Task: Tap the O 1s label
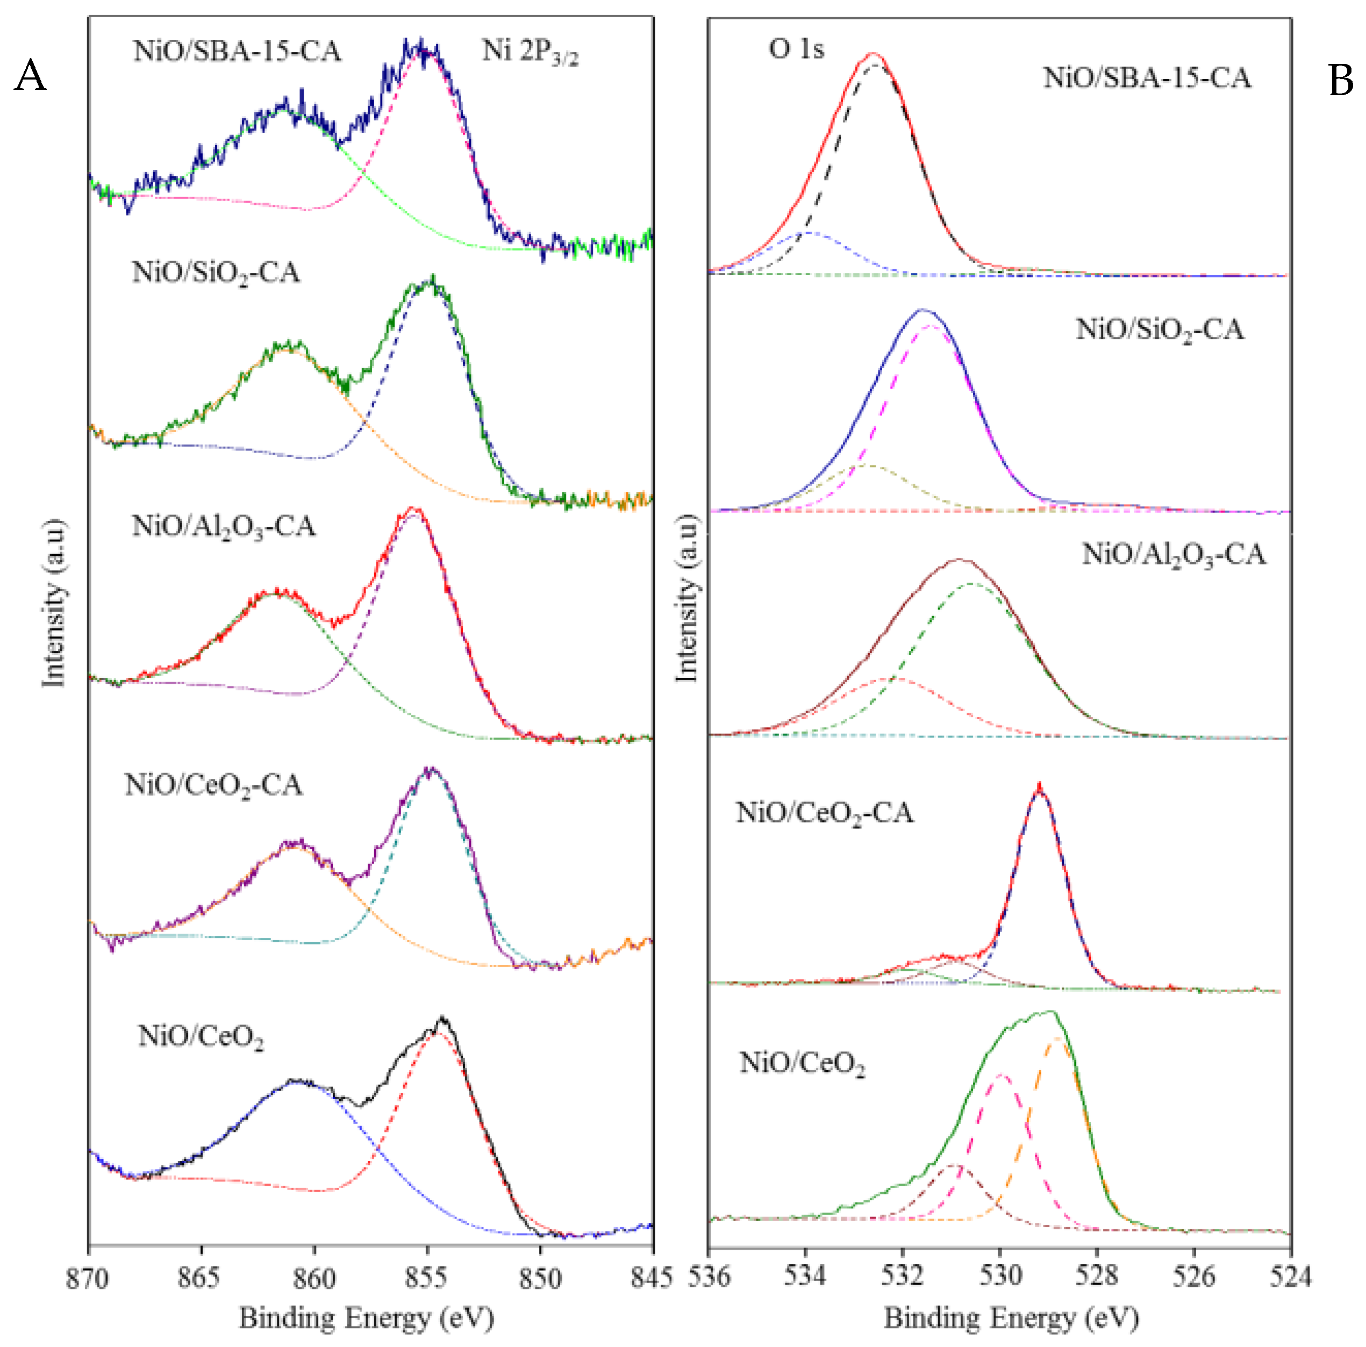[x=796, y=49]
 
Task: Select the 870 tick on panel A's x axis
[x=88, y=1278]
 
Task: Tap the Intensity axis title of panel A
[x=54, y=603]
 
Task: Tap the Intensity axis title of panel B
[x=686, y=598]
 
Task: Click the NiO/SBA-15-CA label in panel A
[x=237, y=52]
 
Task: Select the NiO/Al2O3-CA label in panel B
[x=1174, y=554]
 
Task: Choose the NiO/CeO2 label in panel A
[x=201, y=1037]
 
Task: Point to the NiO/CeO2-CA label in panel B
[x=825, y=813]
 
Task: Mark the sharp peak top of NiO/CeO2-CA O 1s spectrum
[x=1039, y=786]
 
